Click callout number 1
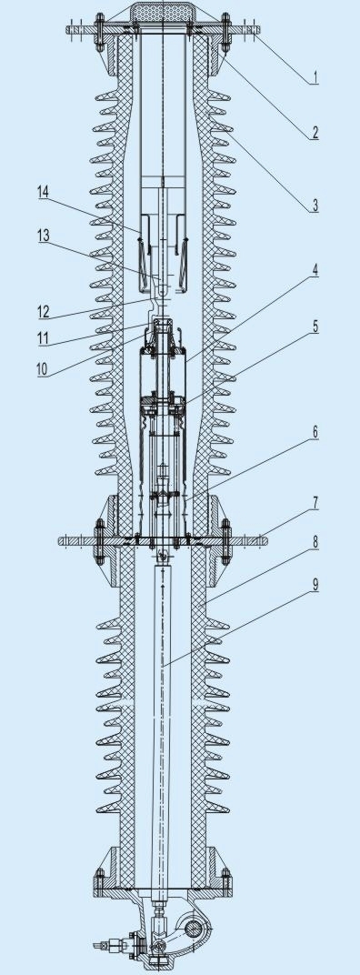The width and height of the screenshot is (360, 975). coord(315,77)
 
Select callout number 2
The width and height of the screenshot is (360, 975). coord(315,132)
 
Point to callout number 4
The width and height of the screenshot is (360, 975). coord(315,271)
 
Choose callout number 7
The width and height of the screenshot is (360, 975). coord(315,503)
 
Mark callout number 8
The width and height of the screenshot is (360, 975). coord(315,541)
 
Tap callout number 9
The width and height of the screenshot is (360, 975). coord(315,584)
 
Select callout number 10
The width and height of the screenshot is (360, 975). coord(43,368)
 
